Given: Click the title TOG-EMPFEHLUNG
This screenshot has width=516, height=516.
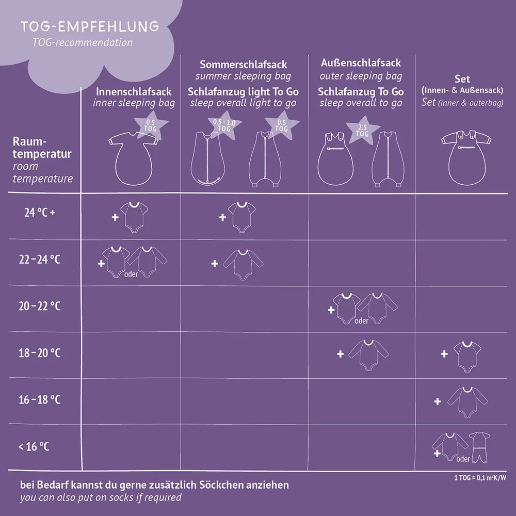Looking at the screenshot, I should click(90, 26).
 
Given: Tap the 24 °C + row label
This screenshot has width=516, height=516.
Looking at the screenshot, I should click(39, 212).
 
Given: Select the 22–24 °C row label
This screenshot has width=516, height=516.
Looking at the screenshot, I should click(39, 259).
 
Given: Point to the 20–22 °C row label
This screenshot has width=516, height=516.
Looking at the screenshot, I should click(39, 306).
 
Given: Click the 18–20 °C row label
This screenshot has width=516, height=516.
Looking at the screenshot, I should click(39, 353).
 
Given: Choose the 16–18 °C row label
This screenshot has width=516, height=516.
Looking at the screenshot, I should click(39, 399).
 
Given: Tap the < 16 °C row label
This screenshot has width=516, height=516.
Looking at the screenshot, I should click(34, 446).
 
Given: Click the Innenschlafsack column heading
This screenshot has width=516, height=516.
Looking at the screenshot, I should click(134, 91).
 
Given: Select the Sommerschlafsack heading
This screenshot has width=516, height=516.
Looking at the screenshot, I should click(243, 64).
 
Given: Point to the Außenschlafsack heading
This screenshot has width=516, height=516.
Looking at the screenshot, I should click(361, 63).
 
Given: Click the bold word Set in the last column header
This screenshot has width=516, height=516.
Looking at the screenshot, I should click(462, 79).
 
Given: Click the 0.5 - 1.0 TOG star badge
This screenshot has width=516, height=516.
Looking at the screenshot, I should click(224, 126).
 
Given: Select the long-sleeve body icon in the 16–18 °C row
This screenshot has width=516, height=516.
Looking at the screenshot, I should click(466, 401).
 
